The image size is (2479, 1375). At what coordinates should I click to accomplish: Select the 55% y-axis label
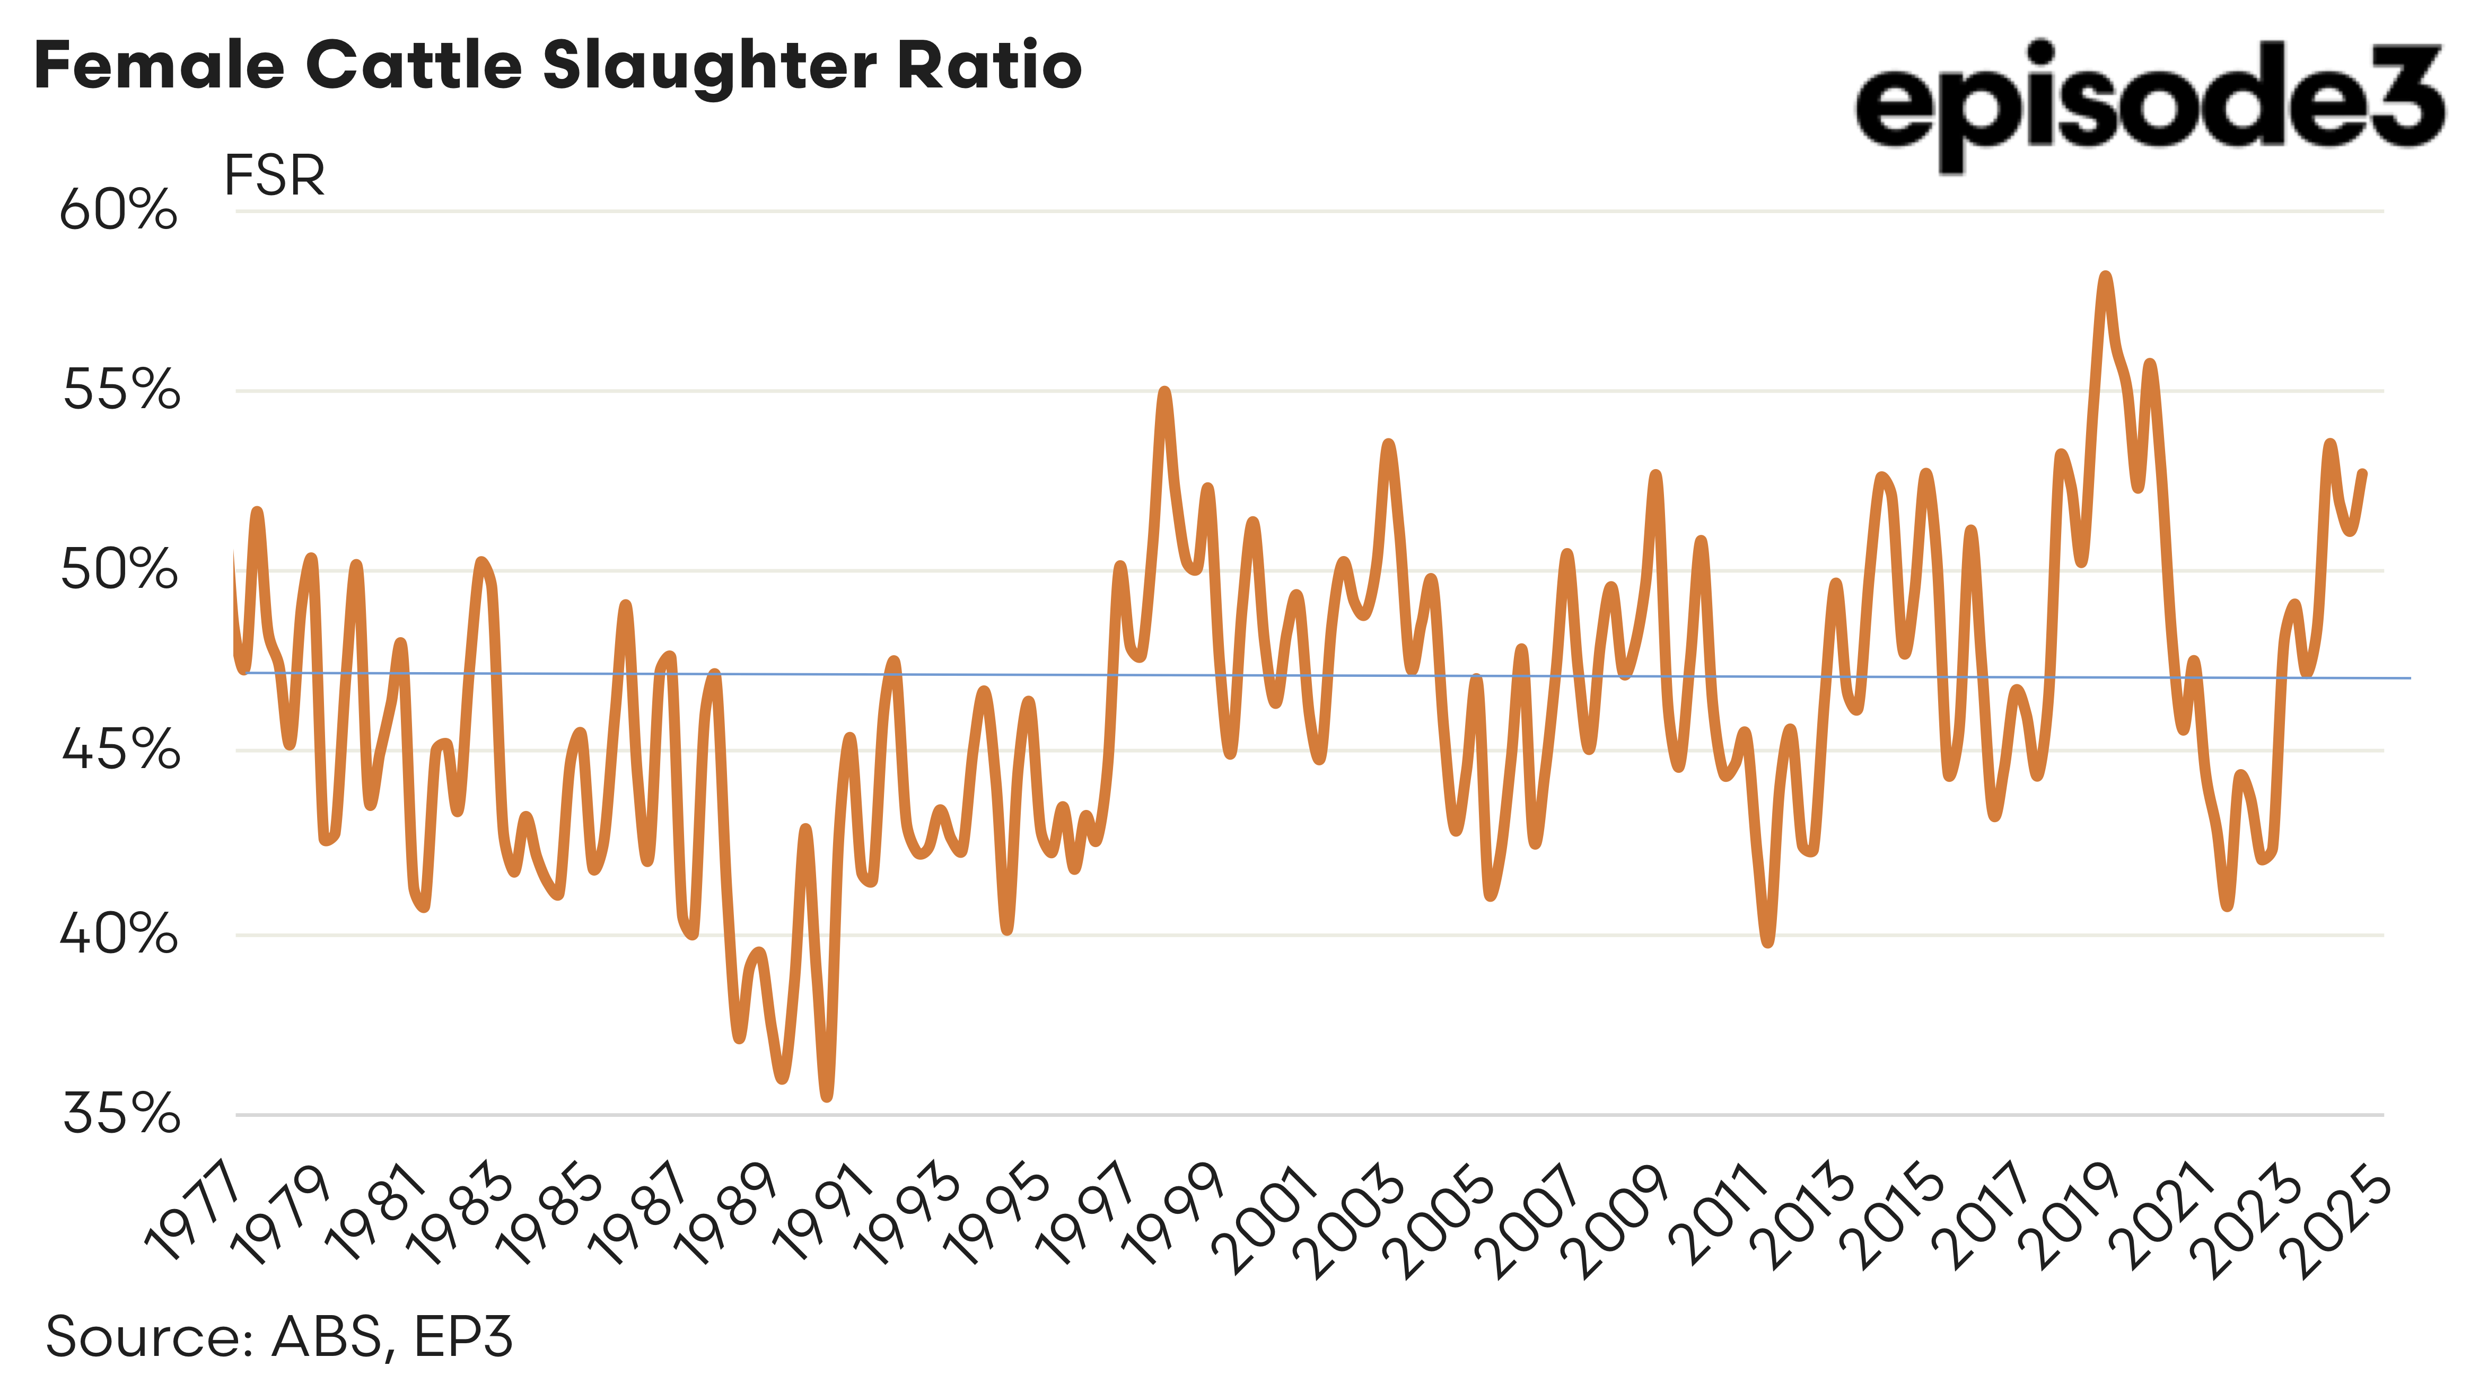click(x=120, y=391)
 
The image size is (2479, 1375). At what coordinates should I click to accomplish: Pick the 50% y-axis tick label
click(x=118, y=570)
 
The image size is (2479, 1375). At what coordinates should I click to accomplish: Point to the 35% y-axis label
click(x=120, y=1114)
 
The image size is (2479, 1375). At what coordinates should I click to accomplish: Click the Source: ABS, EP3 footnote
click(x=279, y=1336)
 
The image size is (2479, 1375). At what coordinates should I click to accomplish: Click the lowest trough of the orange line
click(x=827, y=1095)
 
